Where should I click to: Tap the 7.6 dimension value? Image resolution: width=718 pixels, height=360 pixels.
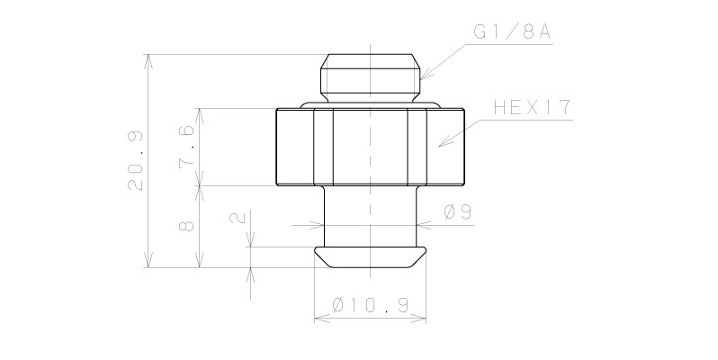[186, 147]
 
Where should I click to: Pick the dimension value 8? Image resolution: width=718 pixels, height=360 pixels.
[187, 225]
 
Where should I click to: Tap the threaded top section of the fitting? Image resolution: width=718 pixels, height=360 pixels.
[370, 76]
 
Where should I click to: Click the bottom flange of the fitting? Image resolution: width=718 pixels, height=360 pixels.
[370, 256]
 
